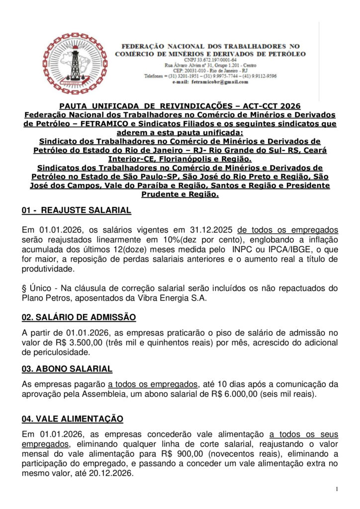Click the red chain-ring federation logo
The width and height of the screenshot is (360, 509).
point(75,64)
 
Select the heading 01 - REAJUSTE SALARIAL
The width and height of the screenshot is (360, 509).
point(77,210)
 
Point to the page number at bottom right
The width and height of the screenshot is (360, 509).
point(337,489)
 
